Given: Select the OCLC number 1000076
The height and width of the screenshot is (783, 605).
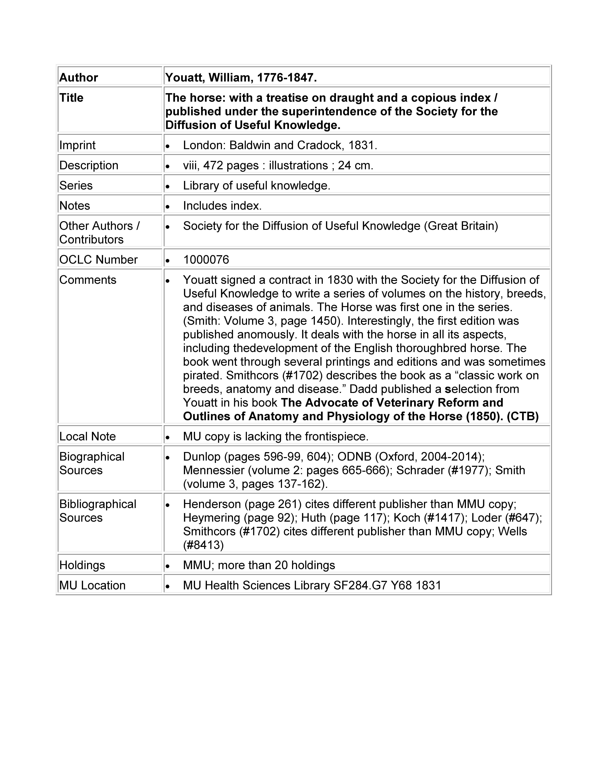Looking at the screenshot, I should click(x=206, y=260).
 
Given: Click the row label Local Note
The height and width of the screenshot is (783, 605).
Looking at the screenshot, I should click(x=87, y=436).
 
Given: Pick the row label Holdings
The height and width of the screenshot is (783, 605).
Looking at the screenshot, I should click(x=82, y=565).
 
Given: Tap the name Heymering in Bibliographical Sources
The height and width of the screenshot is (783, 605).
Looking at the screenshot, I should click(x=212, y=518).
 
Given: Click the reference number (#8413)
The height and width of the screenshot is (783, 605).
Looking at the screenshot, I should click(x=203, y=545).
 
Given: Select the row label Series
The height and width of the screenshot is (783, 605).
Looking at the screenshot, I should click(x=76, y=185).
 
